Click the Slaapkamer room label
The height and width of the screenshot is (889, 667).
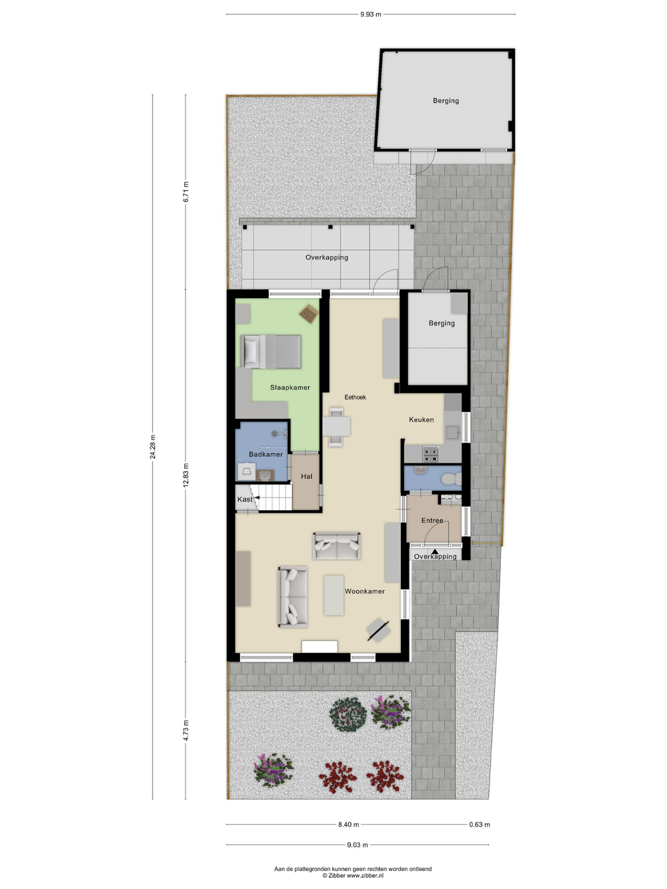[x=290, y=387]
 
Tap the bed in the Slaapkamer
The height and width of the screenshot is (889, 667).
[x=271, y=351]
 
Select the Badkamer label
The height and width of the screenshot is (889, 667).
[x=265, y=454]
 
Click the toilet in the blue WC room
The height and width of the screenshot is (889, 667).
[x=451, y=480]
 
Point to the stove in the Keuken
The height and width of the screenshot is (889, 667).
[x=430, y=454]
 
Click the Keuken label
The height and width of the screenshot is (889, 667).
[x=421, y=419]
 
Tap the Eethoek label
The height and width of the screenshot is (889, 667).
[x=355, y=397]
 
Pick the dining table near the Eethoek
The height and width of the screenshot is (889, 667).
[x=337, y=426]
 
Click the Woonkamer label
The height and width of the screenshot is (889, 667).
[x=364, y=592]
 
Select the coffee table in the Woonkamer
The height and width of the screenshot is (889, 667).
[x=333, y=596]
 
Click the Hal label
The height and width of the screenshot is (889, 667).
[x=307, y=476]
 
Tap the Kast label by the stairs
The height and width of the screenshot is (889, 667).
[x=245, y=500]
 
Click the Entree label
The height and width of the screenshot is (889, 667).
[x=432, y=520]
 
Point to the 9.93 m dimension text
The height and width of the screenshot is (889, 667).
[x=371, y=15]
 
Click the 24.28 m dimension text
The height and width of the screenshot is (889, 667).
[x=153, y=447]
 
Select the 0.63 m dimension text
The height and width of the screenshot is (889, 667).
[x=480, y=824]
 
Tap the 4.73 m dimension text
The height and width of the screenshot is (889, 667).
[x=186, y=731]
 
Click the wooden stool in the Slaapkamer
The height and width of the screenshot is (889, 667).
[x=309, y=313]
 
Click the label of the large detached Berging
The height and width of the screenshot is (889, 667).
[x=446, y=101]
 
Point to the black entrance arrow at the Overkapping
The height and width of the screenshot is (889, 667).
[x=435, y=552]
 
